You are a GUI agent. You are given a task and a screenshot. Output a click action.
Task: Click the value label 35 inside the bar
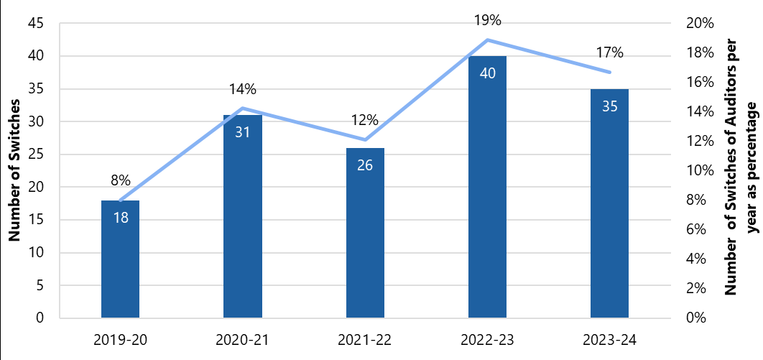(x=609, y=106)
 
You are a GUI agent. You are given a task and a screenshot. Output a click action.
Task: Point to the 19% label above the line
(x=487, y=20)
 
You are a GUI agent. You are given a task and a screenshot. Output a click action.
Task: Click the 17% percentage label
(x=609, y=52)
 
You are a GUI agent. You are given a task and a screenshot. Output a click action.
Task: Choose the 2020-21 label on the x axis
(x=242, y=338)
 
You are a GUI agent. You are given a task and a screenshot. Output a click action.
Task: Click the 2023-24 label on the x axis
(x=609, y=338)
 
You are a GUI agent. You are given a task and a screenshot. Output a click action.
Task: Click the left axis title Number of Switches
(x=14, y=170)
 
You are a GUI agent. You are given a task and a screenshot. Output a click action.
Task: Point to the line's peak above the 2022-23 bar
(x=487, y=40)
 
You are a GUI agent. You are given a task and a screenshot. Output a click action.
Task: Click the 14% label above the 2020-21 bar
(x=242, y=89)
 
